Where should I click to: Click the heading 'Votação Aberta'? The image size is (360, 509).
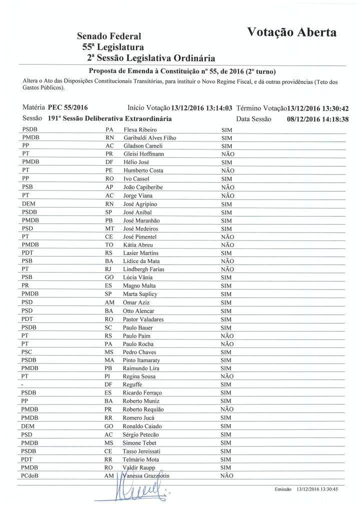(292, 32)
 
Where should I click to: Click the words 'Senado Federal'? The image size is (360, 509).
(109, 36)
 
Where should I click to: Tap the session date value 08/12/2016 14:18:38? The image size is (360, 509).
(317, 119)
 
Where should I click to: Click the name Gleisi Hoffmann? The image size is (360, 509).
(143, 154)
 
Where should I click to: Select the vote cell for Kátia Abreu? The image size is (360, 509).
(227, 245)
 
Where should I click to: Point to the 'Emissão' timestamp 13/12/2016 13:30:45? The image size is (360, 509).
(317, 488)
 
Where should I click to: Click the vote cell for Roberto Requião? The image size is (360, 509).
(227, 409)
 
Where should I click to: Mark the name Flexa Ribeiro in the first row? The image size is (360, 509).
(139, 129)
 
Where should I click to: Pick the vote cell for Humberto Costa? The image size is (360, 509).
(227, 170)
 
